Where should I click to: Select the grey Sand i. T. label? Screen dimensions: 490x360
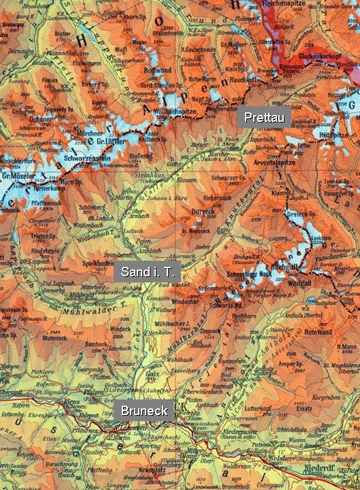148,272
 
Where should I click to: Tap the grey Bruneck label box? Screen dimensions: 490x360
144,410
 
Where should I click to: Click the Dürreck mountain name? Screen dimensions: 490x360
204,212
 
